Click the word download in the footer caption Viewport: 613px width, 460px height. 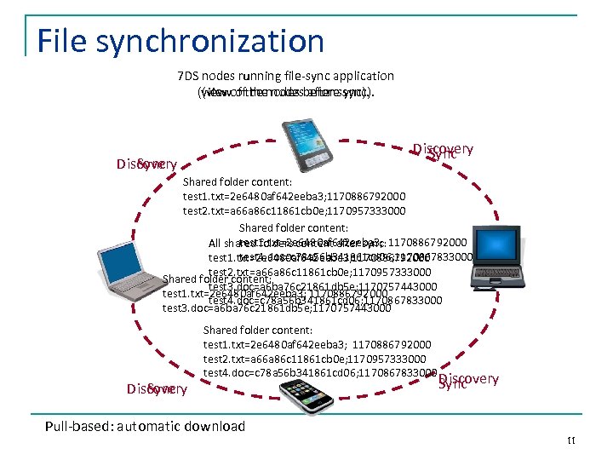[x=215, y=426]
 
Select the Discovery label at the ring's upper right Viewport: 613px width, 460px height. [x=443, y=151]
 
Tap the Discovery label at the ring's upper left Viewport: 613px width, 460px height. [x=146, y=164]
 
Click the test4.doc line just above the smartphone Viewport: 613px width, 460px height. [x=319, y=372]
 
